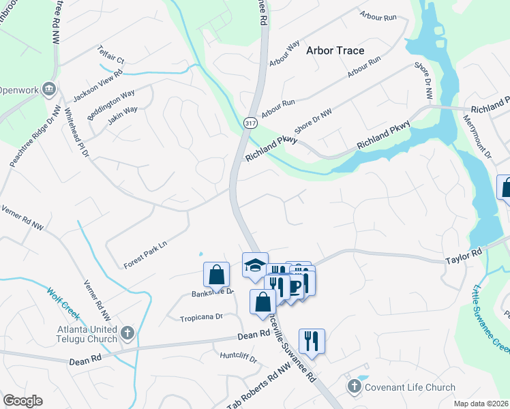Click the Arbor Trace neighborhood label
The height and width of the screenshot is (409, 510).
pos(335,50)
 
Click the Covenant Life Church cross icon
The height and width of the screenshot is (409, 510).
pos(353,387)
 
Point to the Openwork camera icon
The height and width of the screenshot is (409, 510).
pos(48,89)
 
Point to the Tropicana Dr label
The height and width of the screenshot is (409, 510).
pos(201,317)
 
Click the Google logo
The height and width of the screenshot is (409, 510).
pos(22,401)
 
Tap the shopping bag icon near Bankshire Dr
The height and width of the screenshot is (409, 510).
pos(216,274)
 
